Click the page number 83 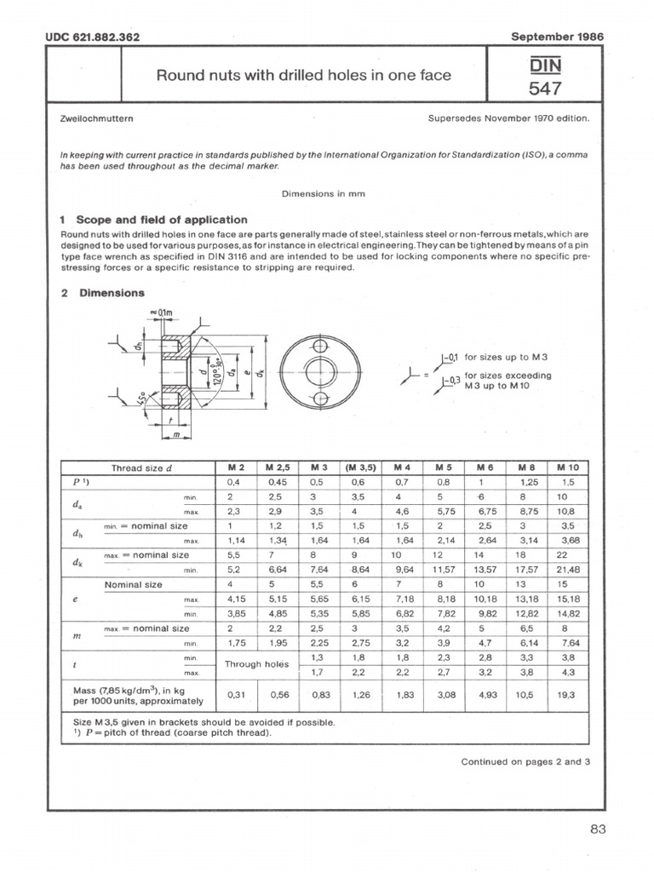[597, 830]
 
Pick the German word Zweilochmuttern [93, 119]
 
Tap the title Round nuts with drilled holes [302, 76]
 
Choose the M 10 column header [566, 468]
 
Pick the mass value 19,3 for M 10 [566, 695]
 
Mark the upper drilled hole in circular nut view [319, 346]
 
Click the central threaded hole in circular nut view [319, 372]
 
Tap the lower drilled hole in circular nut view [319, 399]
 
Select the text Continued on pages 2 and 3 [525, 762]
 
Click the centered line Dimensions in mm [323, 193]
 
